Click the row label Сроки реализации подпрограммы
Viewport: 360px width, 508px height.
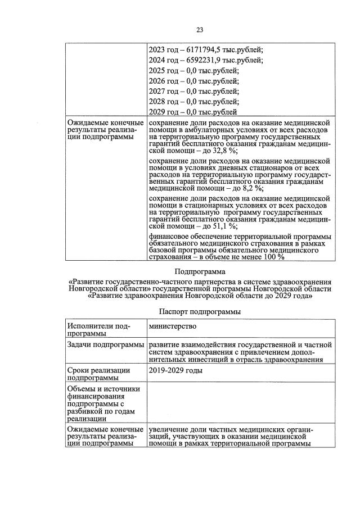click(99, 374)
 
